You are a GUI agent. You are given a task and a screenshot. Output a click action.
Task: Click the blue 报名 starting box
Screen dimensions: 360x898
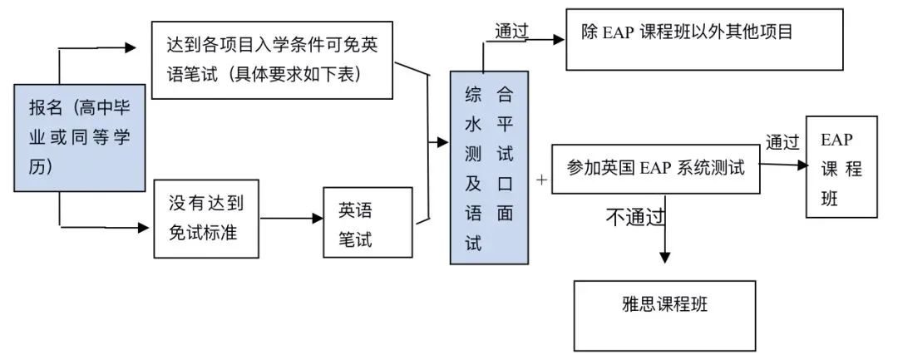tap(80, 137)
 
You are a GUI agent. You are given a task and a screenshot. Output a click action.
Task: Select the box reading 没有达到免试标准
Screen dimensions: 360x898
tap(205, 218)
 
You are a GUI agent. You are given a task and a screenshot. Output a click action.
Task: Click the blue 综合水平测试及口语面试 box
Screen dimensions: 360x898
tap(489, 167)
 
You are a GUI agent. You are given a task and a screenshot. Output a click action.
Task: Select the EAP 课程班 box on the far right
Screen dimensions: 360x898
tap(841, 167)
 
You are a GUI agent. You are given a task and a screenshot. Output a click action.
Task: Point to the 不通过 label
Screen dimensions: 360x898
tap(635, 218)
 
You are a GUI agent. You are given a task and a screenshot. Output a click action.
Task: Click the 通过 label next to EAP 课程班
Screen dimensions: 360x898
tap(782, 142)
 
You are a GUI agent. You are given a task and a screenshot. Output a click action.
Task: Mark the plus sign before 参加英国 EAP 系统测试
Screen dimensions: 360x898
tap(541, 179)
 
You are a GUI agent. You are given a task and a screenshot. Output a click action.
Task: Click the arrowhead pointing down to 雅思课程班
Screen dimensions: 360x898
tap(664, 258)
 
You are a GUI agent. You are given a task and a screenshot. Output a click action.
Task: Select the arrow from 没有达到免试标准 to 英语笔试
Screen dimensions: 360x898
tap(290, 219)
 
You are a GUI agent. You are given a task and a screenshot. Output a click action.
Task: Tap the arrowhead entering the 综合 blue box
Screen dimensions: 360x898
tap(443, 143)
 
